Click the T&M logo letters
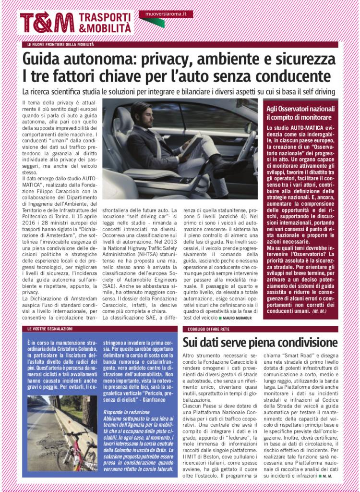(x=47, y=23)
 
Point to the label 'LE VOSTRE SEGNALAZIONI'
(x=50, y=329)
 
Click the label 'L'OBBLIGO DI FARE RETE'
(x=208, y=329)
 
